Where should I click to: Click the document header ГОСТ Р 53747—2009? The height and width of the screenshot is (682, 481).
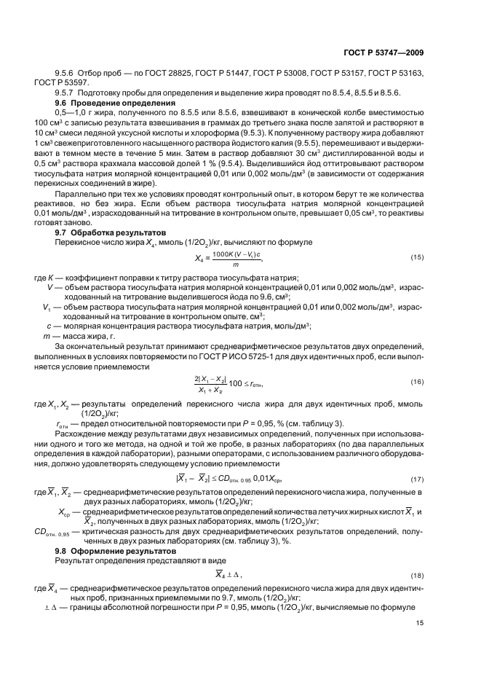[x=383, y=53]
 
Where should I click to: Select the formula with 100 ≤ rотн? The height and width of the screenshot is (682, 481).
[x=228, y=383]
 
